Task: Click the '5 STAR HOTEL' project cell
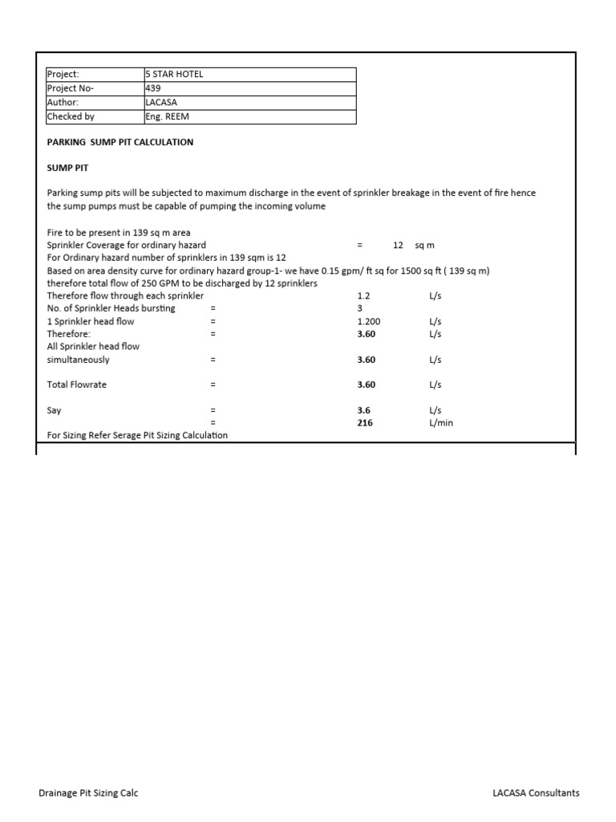tap(174, 75)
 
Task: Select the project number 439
tap(152, 88)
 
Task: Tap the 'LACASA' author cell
tap(162, 103)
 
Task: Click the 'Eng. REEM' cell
tap(167, 117)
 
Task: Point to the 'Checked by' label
tap(71, 117)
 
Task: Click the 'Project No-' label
tap(71, 88)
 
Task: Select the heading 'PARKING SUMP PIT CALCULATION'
tap(120, 142)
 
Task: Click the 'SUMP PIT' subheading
tap(67, 168)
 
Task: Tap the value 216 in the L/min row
tap(365, 423)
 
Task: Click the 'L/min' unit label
tap(441, 423)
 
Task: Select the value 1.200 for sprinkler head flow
tap(369, 321)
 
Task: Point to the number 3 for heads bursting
tap(360, 308)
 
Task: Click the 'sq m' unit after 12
tap(424, 245)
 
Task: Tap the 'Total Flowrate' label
tap(77, 385)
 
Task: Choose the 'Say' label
tap(55, 410)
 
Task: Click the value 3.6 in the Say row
tap(364, 410)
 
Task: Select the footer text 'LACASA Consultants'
tap(536, 793)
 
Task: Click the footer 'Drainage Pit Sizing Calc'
tap(88, 793)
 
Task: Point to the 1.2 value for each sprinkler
tap(363, 295)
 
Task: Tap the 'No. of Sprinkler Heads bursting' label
tap(111, 308)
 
